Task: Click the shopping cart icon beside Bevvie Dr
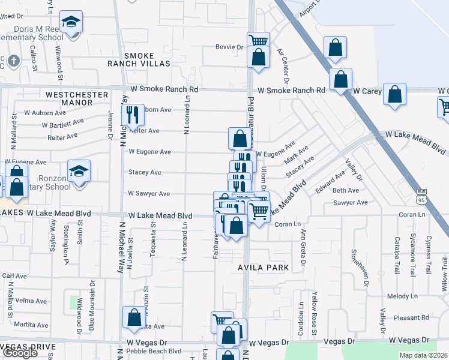point(258,41)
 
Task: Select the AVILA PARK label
point(263,268)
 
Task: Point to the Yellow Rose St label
point(313,313)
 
